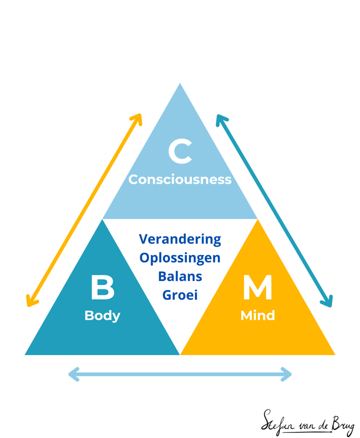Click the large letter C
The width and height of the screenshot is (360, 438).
click(180, 151)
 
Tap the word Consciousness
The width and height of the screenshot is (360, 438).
click(180, 179)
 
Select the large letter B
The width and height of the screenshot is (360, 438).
click(103, 287)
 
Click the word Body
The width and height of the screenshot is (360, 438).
click(102, 316)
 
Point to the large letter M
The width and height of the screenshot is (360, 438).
click(257, 287)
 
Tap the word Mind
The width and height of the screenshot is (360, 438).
click(257, 316)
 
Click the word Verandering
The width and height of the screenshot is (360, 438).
click(180, 239)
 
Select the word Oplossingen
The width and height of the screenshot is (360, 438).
click(180, 258)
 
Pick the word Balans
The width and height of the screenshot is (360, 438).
click(180, 277)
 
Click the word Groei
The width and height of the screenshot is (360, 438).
click(180, 295)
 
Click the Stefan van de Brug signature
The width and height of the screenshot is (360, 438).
click(307, 423)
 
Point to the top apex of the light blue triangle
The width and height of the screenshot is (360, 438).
click(180, 83)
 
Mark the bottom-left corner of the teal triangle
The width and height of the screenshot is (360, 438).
click(25, 355)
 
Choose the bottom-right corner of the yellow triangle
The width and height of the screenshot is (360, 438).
click(335, 355)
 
